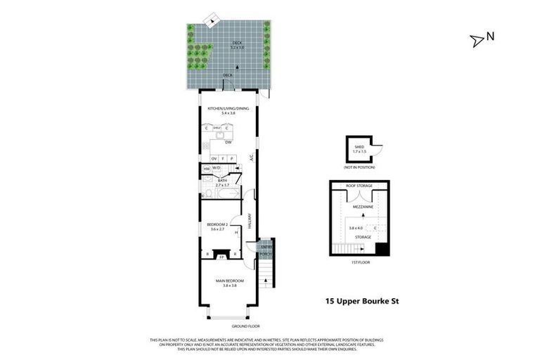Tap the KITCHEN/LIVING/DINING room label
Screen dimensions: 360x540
tap(224, 108)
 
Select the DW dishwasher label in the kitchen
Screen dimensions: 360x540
tap(229, 143)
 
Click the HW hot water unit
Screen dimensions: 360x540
tap(206, 169)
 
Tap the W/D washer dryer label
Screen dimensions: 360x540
tap(217, 168)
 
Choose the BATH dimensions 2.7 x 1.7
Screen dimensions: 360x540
tap(223, 185)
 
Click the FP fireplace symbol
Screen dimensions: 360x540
tap(221, 256)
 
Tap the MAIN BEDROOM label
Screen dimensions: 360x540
tap(229, 281)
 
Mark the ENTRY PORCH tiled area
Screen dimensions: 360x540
tap(266, 250)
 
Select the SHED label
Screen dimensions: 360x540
tap(359, 147)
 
